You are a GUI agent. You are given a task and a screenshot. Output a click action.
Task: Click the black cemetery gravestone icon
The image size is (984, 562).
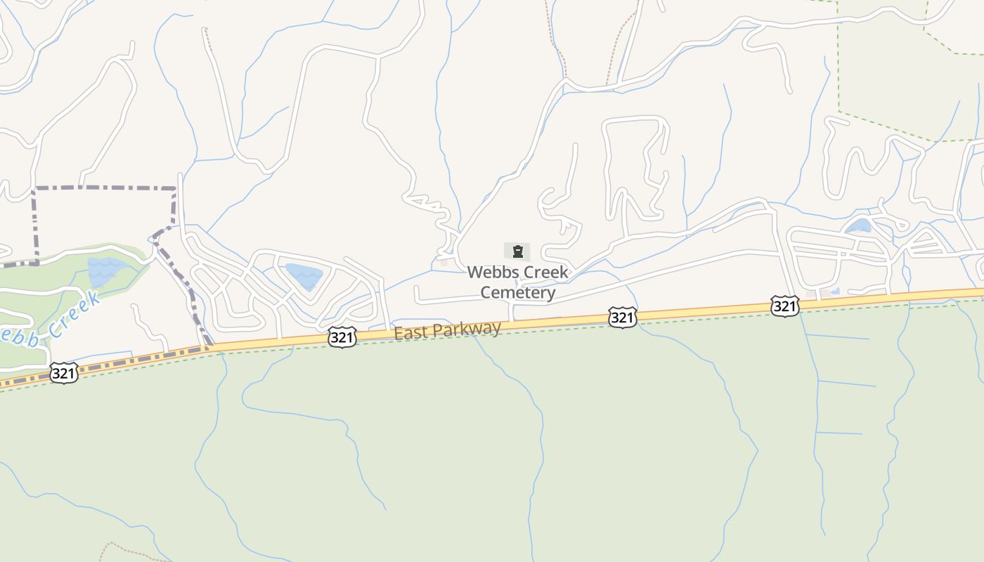point(517,251)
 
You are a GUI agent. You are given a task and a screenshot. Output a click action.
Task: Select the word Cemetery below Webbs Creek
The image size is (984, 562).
point(518,293)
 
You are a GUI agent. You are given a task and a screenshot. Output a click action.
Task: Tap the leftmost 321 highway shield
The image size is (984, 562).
point(63,373)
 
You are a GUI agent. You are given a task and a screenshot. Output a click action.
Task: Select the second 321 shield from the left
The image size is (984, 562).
point(342,338)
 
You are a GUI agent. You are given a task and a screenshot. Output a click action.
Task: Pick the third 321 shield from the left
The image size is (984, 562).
point(623,318)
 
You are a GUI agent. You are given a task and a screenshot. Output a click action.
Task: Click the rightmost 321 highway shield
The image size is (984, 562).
point(784,306)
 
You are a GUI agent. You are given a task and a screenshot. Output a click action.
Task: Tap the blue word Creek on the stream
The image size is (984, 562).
point(75,315)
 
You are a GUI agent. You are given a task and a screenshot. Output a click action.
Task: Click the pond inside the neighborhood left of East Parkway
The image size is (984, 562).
point(304,275)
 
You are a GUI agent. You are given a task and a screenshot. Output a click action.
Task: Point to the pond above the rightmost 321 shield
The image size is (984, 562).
point(858,226)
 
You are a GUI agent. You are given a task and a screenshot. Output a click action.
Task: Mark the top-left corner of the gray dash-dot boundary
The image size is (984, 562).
point(34,188)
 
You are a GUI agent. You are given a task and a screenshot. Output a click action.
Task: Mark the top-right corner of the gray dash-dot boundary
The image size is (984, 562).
point(175,188)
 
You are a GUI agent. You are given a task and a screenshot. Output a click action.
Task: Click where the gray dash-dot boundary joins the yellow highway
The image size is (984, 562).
point(209,346)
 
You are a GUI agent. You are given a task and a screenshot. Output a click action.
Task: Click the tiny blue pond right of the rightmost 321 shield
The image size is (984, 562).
point(834,292)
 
